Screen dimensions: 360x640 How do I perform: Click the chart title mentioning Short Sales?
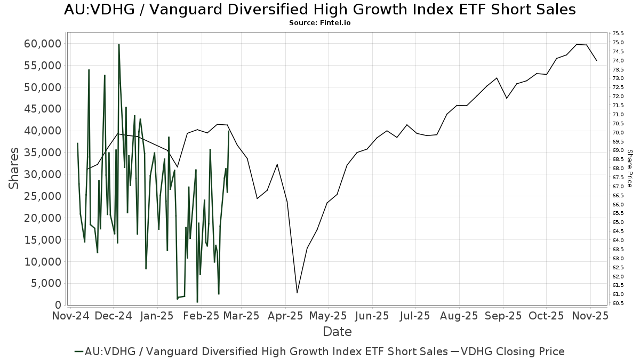click(x=319, y=10)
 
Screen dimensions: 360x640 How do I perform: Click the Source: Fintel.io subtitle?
click(x=319, y=23)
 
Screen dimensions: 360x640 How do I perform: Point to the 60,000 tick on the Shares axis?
click(x=43, y=44)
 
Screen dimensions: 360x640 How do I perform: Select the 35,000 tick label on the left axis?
click(x=43, y=153)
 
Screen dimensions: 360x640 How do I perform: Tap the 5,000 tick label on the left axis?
click(x=46, y=283)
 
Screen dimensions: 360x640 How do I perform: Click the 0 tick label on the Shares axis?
click(x=58, y=305)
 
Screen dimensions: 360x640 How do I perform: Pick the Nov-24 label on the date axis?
click(x=71, y=316)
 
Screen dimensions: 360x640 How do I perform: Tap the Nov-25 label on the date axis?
click(x=590, y=316)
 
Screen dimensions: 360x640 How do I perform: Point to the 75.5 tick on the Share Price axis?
click(x=619, y=34)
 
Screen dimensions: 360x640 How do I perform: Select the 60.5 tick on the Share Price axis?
click(x=619, y=303)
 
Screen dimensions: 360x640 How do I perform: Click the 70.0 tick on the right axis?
click(x=619, y=133)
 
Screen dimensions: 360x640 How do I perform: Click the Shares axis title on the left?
click(x=14, y=168)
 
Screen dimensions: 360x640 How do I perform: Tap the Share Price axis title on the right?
click(x=629, y=168)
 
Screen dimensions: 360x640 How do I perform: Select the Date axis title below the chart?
click(x=337, y=332)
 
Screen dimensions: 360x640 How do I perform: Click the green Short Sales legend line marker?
click(x=80, y=351)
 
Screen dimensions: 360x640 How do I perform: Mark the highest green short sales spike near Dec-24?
click(x=118, y=45)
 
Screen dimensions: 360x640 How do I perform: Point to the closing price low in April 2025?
click(x=297, y=292)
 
